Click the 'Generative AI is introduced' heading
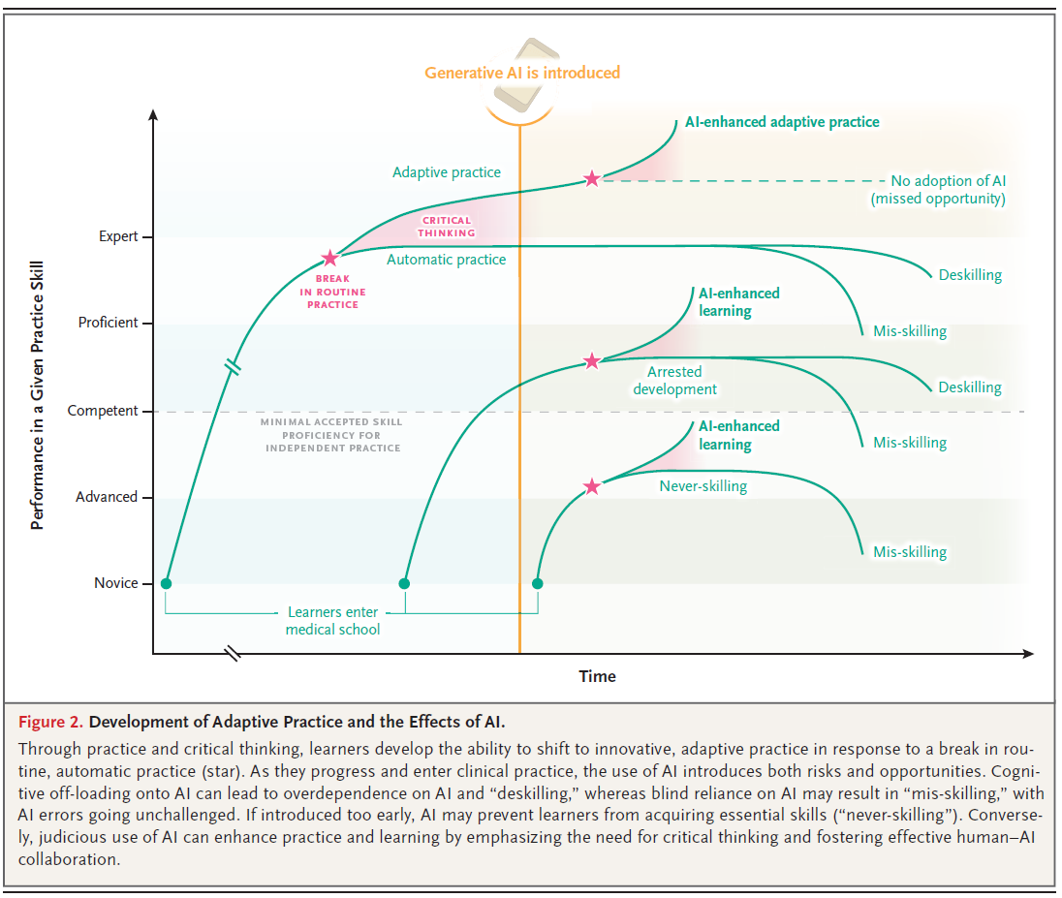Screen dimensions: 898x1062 pyautogui.click(x=522, y=73)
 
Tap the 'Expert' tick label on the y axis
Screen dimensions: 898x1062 pyautogui.click(x=118, y=236)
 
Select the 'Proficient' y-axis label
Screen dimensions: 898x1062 pyautogui.click(x=109, y=323)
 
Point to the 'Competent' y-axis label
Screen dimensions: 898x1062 pyautogui.click(x=103, y=411)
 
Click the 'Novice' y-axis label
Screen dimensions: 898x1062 pyautogui.click(x=115, y=583)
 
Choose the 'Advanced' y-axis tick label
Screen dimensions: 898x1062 pyautogui.click(x=107, y=497)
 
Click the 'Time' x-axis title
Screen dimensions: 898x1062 pyautogui.click(x=597, y=676)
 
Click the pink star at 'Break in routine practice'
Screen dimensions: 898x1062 pyautogui.click(x=329, y=258)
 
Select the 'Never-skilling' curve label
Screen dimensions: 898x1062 pyautogui.click(x=703, y=486)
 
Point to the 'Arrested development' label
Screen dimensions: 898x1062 pyautogui.click(x=675, y=381)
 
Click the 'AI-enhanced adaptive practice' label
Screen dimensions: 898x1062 pyautogui.click(x=782, y=122)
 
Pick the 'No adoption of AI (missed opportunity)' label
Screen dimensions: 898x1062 pyautogui.click(x=937, y=190)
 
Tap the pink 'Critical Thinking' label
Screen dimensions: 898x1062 pyautogui.click(x=447, y=227)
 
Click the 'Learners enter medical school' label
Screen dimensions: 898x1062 pyautogui.click(x=332, y=621)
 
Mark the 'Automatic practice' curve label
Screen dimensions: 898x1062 pyautogui.click(x=446, y=260)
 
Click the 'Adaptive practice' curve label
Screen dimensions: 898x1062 pyautogui.click(x=447, y=172)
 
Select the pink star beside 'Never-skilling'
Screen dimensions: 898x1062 pyautogui.click(x=592, y=486)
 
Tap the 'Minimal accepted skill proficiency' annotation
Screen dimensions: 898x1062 pyautogui.click(x=330, y=436)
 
